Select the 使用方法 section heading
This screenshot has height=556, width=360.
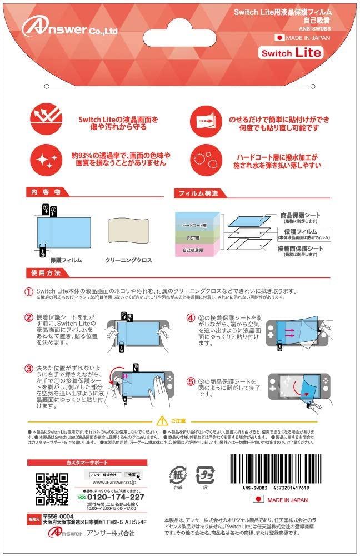point(44,273)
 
